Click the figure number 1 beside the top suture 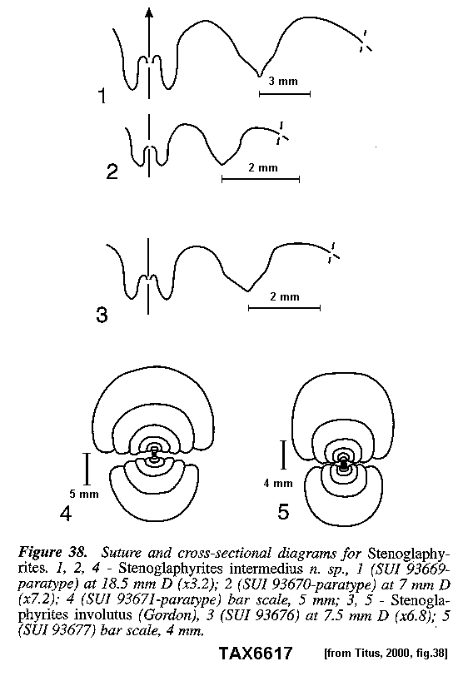coord(102,96)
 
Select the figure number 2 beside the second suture coord(112,172)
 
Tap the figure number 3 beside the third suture coord(102,315)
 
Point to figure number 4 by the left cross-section coord(66,514)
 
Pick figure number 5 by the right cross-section coord(283,512)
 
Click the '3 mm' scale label coord(283,82)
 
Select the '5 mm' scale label coord(84,494)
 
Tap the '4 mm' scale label coord(278,483)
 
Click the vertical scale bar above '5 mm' coord(87,469)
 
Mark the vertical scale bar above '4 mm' coord(284,455)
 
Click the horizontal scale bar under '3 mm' coord(285,93)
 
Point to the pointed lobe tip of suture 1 coord(259,76)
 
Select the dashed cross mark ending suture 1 coord(365,42)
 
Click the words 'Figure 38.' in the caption coord(52,553)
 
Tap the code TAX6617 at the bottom coord(256,654)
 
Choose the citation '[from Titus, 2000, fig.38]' coord(386,654)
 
